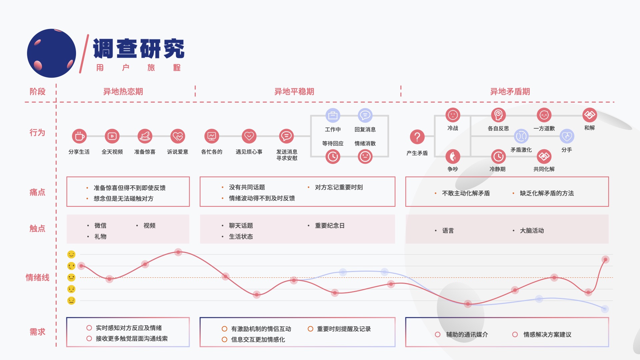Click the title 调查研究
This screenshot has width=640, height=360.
(138, 49)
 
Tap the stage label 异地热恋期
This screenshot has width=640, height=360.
(123, 92)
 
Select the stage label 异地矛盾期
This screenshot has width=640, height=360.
(510, 92)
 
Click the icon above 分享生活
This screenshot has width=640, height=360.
(79, 136)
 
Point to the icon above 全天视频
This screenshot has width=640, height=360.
(112, 136)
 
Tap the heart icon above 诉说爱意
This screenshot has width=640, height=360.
(178, 136)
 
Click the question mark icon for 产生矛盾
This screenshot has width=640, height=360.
(417, 137)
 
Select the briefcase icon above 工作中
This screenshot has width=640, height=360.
(333, 116)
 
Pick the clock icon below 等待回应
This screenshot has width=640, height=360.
(333, 157)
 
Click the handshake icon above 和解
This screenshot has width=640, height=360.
(589, 115)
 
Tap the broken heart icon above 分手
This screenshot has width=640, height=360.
(567, 136)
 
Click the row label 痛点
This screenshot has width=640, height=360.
(37, 192)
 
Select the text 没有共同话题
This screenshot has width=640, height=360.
(247, 187)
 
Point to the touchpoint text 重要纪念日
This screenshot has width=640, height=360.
(329, 226)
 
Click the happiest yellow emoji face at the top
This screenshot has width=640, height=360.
(71, 255)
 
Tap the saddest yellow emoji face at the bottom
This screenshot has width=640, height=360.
(71, 301)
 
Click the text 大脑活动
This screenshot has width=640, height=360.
(532, 231)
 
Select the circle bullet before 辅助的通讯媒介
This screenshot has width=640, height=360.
(438, 334)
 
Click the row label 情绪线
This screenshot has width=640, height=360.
(37, 278)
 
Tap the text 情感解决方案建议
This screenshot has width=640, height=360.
(547, 335)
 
